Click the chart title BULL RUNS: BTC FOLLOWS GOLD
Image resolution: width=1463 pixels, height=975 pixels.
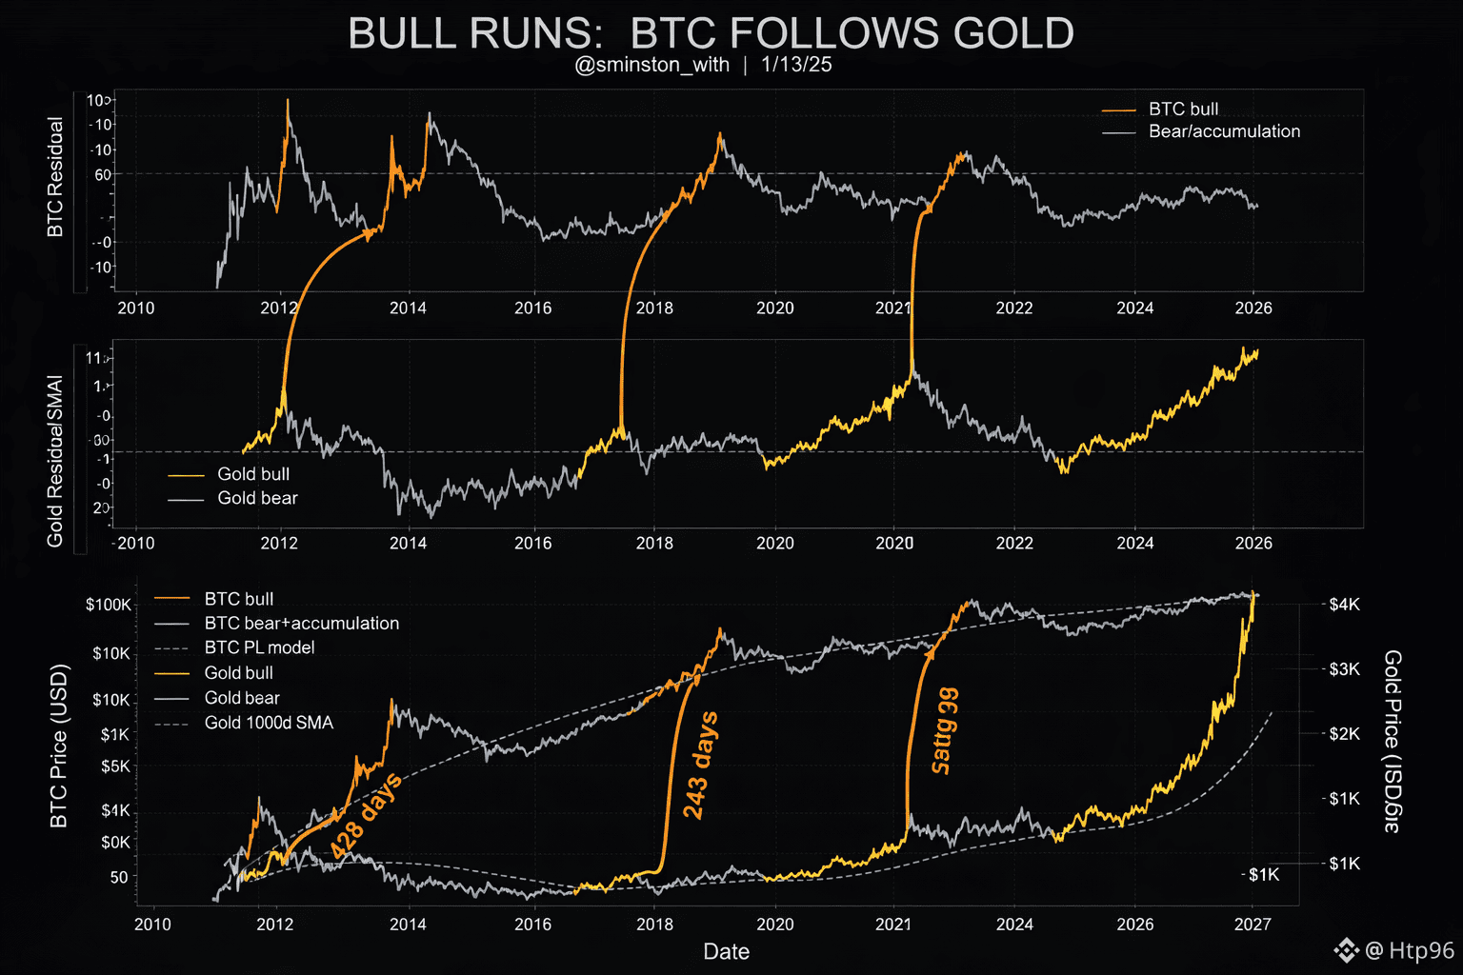point(711,33)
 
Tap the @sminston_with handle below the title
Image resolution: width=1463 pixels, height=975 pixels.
point(652,65)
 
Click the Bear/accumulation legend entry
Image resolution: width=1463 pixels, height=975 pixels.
point(1224,131)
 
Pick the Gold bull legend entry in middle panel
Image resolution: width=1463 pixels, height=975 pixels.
point(252,474)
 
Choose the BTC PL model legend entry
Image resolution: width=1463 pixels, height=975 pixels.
point(259,647)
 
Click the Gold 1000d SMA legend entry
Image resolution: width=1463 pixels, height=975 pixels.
point(269,723)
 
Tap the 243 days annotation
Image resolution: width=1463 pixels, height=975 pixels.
point(700,766)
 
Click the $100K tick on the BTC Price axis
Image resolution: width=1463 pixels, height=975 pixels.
point(109,605)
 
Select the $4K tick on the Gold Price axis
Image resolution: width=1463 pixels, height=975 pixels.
point(1345,605)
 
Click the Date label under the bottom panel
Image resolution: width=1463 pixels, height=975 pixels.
point(726,951)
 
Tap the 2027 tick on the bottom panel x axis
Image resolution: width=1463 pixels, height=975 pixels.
point(1253,925)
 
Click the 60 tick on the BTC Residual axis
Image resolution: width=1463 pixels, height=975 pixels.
point(103,174)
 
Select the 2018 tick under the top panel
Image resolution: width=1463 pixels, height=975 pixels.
point(654,308)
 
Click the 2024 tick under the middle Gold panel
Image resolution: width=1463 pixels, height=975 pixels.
point(1134,544)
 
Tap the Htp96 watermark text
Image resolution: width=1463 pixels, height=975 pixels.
point(1421,950)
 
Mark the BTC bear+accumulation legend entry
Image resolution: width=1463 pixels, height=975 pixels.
point(301,624)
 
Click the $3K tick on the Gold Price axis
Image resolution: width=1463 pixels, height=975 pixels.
point(1345,669)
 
